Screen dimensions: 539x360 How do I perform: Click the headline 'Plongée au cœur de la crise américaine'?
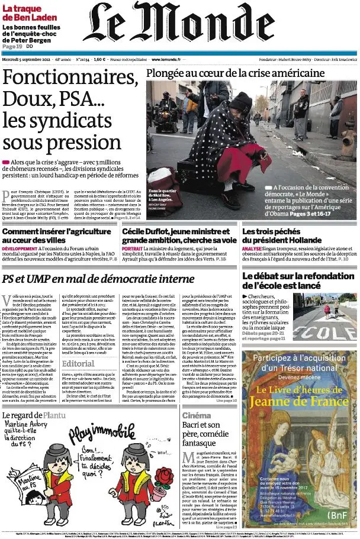236,73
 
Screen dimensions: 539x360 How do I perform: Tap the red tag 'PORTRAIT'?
132,249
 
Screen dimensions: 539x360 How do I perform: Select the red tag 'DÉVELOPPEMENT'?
20,249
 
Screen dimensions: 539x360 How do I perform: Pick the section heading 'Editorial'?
78,364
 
